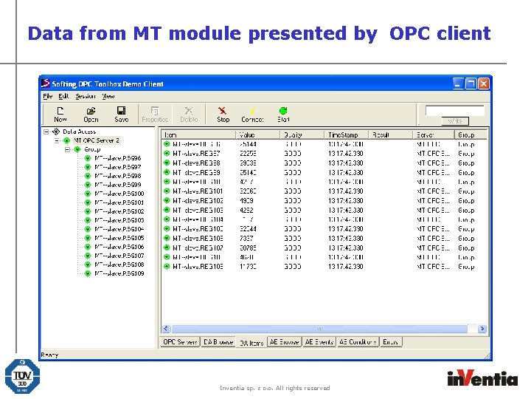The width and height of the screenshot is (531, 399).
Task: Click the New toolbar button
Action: click(60, 114)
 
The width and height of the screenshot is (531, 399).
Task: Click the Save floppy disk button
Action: click(121, 114)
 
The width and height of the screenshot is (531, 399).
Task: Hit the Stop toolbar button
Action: click(223, 114)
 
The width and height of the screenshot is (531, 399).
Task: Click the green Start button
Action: click(283, 114)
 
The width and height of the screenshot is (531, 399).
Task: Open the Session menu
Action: click(86, 96)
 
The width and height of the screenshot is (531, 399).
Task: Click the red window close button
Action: click(483, 83)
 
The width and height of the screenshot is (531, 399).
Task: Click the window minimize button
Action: click(457, 83)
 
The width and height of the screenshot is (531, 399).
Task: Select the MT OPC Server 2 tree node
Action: click(96, 140)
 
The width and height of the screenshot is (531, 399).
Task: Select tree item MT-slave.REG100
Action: click(119, 194)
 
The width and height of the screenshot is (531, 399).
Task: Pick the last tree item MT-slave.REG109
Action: click(119, 273)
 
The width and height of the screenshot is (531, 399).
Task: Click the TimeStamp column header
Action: click(344, 135)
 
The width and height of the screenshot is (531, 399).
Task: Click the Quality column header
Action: click(293, 135)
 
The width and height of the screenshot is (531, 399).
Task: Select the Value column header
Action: click(247, 135)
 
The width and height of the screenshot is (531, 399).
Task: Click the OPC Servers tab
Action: click(180, 342)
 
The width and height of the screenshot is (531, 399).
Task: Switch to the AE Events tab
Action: click(319, 342)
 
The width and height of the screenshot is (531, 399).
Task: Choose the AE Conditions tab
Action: click(358, 342)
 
